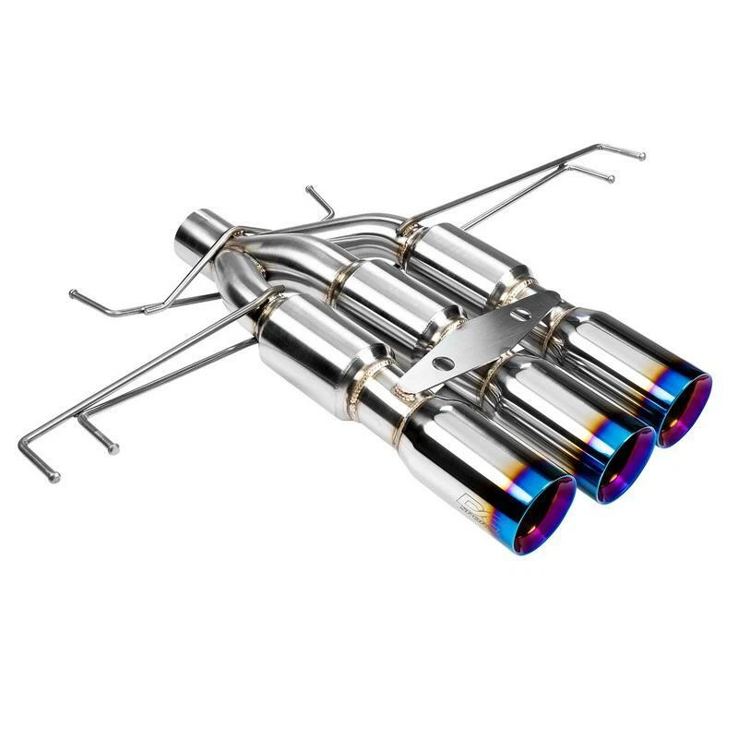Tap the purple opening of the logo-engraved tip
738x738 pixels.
click(x=544, y=517)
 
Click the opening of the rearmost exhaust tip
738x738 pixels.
click(x=684, y=411)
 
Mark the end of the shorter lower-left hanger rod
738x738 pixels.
click(x=113, y=449)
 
